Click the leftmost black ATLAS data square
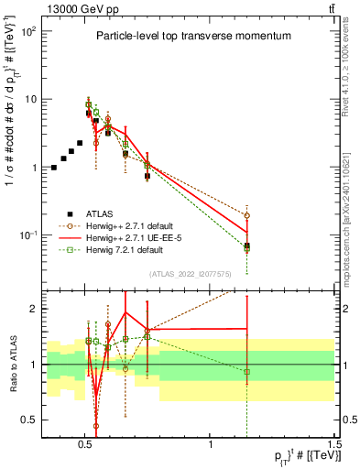click(x=54, y=168)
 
